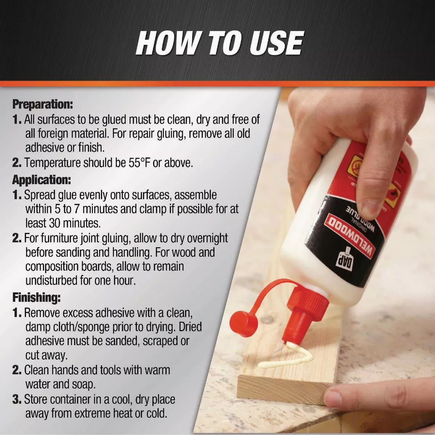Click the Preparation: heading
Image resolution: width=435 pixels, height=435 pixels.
[42, 104]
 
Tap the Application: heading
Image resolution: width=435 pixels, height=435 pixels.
[41, 180]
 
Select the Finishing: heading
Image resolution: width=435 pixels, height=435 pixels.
[36, 298]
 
